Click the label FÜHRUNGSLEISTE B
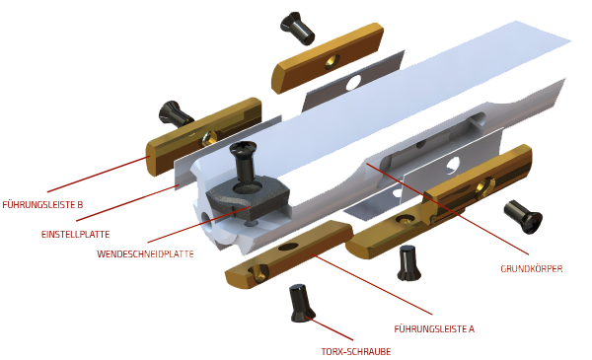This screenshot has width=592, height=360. tap(42, 205)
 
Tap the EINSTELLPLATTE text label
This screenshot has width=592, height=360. tap(76, 235)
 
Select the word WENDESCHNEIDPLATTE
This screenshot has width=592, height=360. tap(145, 253)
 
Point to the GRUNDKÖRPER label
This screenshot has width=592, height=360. tap(532, 268)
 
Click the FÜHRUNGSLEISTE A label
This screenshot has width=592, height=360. tap(434, 329)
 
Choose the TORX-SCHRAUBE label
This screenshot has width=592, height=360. tap(356, 352)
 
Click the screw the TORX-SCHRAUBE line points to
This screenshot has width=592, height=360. tap(301, 303)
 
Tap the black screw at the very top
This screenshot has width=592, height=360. tap(297, 28)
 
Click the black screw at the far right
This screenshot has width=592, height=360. tap(523, 217)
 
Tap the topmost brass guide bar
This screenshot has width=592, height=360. tap(328, 58)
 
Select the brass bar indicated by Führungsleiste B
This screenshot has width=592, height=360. tap(204, 136)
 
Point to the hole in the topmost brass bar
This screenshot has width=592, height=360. tap(333, 61)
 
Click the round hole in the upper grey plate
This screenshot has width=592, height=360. tap(354, 82)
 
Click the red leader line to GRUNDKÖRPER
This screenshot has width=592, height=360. tap(447, 209)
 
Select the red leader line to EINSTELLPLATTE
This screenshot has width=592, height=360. tap(127, 203)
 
